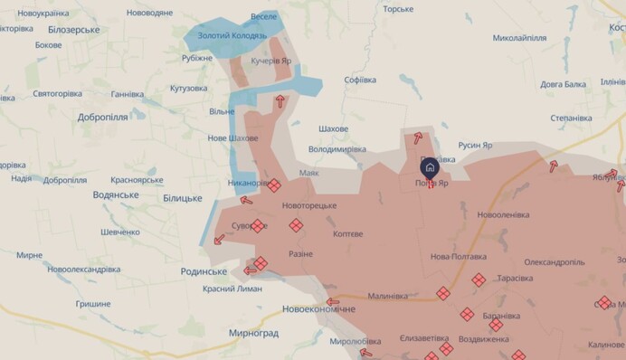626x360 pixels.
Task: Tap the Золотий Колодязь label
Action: pos(232,36)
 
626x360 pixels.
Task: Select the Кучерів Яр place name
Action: pos(271,61)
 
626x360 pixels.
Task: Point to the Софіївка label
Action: pos(360,80)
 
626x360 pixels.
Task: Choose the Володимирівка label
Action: pos(337,148)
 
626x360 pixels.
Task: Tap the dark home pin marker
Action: pos(430,167)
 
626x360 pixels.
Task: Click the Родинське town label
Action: pos(203,271)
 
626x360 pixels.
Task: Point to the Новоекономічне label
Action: pos(319,309)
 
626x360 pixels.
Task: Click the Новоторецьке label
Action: pos(309,206)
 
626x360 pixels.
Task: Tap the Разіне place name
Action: pos(301,254)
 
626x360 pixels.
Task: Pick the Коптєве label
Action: pos(347,233)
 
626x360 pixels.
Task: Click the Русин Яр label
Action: pos(475,145)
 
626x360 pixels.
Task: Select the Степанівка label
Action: pos(571,118)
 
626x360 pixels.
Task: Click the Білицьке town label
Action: pos(182,197)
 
